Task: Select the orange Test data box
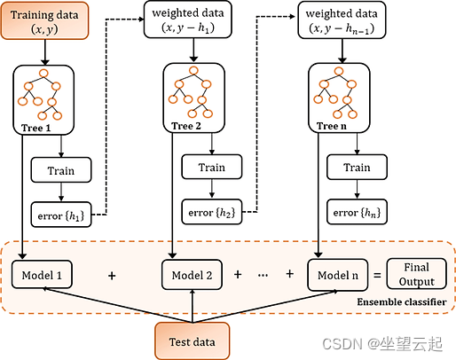193,339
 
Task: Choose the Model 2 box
193,275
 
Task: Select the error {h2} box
211,212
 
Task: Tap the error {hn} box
357,212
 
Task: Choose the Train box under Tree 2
211,167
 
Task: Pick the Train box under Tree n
357,167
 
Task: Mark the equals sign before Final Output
377,276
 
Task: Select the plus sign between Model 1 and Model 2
112,276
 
